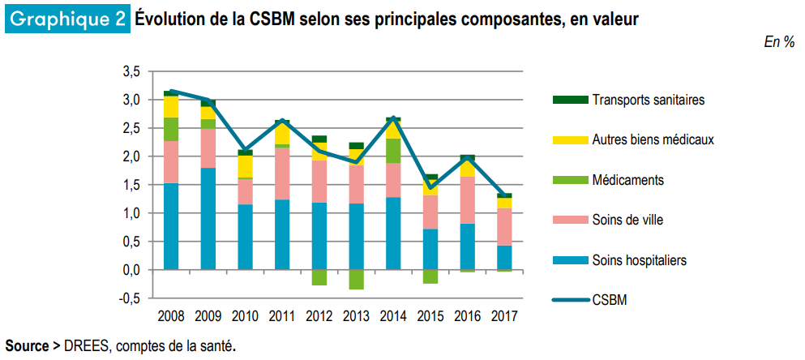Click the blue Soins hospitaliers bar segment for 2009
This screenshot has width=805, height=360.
[208, 218]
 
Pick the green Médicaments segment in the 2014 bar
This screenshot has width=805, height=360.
[392, 151]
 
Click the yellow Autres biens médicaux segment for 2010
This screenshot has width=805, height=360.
[245, 166]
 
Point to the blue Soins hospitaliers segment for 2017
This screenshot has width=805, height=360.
[503, 257]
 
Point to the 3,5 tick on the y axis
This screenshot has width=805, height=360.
[131, 72]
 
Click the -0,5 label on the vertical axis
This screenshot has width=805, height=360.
[130, 298]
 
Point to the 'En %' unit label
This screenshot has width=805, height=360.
[779, 42]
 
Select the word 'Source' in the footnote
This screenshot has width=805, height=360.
[27, 346]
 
